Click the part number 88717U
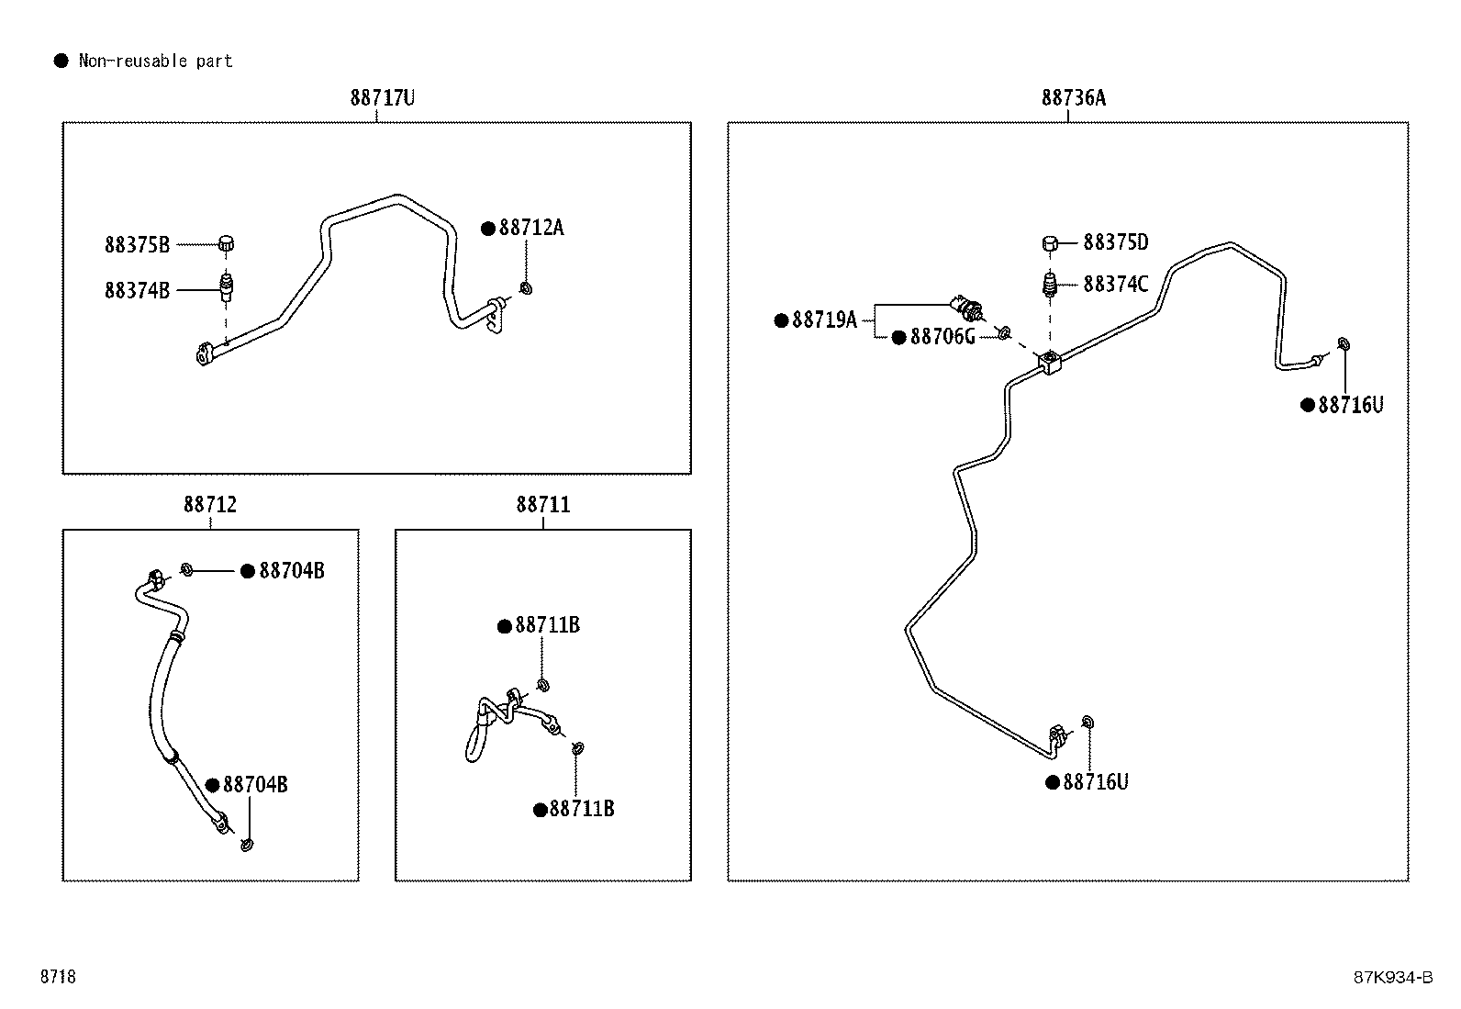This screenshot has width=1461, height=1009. [x=382, y=98]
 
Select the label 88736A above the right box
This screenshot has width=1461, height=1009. [x=1074, y=98]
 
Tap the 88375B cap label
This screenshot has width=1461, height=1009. [x=137, y=245]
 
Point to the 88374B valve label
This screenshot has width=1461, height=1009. [x=137, y=290]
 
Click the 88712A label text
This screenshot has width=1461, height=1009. [x=531, y=228]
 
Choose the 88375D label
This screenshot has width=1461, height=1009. [x=1116, y=242]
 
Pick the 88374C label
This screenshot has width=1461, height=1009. [x=1116, y=284]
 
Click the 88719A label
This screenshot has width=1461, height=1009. [x=824, y=320]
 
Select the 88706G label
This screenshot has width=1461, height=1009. [x=942, y=337]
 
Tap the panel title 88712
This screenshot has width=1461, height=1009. [x=210, y=505]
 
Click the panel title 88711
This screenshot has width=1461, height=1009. [x=543, y=505]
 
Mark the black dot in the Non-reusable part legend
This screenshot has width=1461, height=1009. [x=61, y=61]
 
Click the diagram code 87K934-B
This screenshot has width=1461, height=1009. [x=1393, y=977]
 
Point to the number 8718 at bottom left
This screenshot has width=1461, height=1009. [x=58, y=976]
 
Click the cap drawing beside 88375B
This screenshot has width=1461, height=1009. [x=226, y=243]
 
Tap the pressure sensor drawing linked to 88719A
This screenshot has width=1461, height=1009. [x=968, y=307]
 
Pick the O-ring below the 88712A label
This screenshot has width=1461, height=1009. [x=526, y=287]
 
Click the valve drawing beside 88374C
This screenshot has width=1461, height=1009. [x=1050, y=285]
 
